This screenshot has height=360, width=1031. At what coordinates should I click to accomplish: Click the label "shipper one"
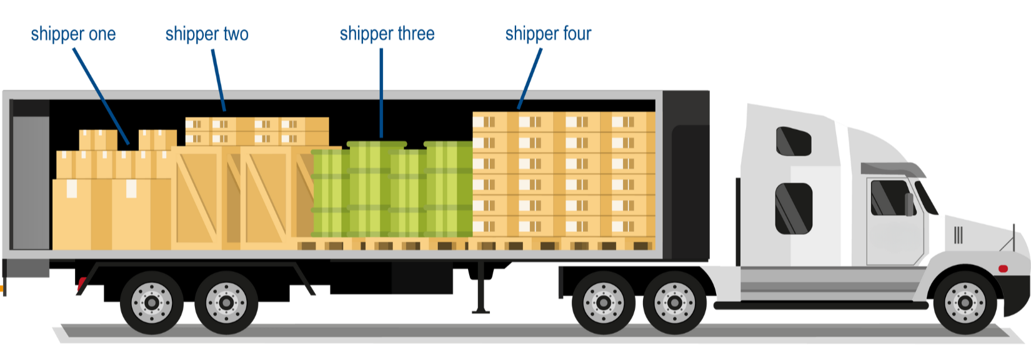72,34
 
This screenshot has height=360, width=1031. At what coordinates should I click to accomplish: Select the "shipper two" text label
207,34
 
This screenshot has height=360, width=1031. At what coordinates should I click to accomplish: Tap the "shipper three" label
386,34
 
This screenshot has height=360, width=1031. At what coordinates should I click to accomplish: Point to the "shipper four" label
548,34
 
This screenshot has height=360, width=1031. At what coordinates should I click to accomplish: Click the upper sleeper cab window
793,141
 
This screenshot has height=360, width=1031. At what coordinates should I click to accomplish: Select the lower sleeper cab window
794,208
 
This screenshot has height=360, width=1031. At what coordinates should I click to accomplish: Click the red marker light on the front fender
1003,269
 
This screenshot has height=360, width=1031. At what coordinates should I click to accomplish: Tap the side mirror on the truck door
909,204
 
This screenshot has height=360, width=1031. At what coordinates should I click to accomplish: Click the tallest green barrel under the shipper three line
369,187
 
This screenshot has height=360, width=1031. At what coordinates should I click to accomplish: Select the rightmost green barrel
449,187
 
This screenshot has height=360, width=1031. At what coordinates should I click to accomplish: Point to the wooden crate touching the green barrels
275,197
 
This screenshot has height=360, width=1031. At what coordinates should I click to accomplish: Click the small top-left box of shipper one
98,139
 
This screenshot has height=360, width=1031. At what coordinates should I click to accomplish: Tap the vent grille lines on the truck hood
958,235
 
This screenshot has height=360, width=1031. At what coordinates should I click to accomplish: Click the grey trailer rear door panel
31,181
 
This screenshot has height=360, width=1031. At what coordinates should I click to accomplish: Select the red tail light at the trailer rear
80,286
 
